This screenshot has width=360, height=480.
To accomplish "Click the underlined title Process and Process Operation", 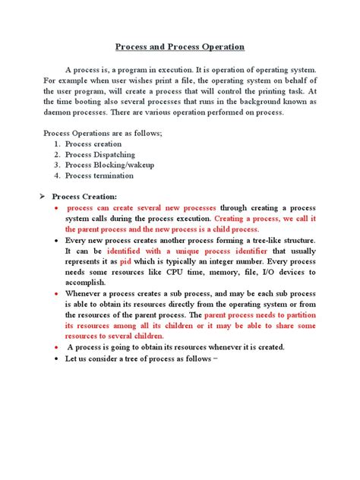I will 180,47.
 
